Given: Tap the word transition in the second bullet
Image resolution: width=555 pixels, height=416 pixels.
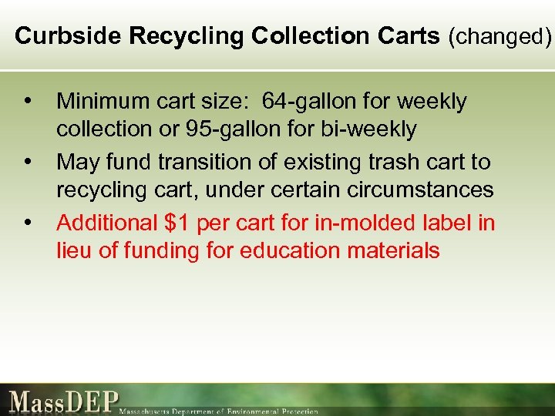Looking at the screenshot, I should pos(197,162).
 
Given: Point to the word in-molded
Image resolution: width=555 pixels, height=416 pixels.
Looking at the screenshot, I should pos(367,223).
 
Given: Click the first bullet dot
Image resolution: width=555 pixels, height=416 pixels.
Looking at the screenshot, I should pos(29,102).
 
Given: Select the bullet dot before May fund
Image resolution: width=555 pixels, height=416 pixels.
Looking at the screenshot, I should pos(29,163).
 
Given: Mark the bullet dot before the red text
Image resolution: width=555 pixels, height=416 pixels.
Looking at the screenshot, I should pos(29,223).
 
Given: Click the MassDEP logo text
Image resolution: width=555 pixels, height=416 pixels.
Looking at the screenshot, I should pos(65,401).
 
